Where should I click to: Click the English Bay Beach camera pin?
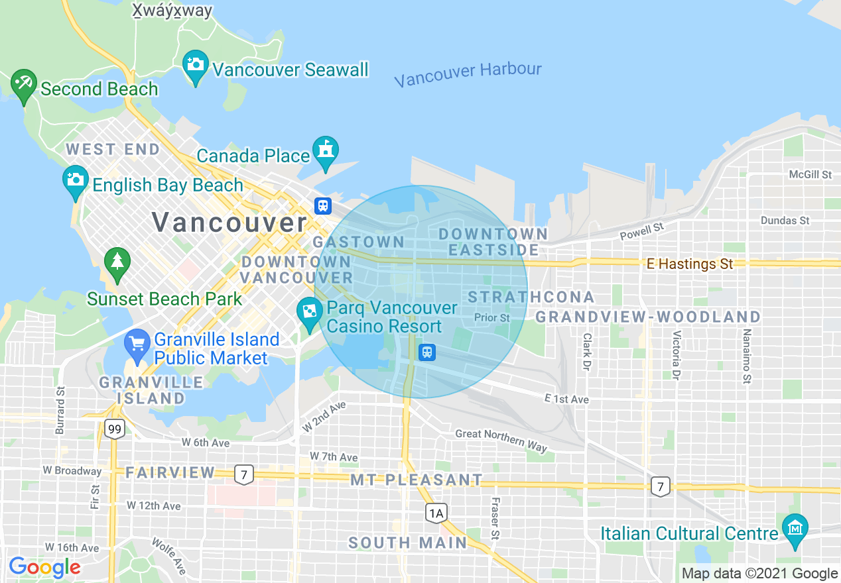(x=76, y=181)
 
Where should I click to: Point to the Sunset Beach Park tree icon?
(x=117, y=262)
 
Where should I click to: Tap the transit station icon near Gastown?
(x=323, y=205)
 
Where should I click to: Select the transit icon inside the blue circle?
(x=428, y=352)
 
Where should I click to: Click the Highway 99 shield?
(x=115, y=429)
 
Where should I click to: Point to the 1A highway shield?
(x=436, y=512)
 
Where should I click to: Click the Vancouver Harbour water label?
(x=468, y=74)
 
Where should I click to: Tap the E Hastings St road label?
(x=690, y=264)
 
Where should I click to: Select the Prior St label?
(x=492, y=317)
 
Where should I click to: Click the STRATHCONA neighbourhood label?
(x=531, y=297)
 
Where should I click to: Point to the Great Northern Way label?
(x=501, y=440)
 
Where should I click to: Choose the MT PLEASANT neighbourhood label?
(x=417, y=480)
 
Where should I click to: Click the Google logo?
(x=44, y=567)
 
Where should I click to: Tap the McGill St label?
(x=810, y=174)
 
